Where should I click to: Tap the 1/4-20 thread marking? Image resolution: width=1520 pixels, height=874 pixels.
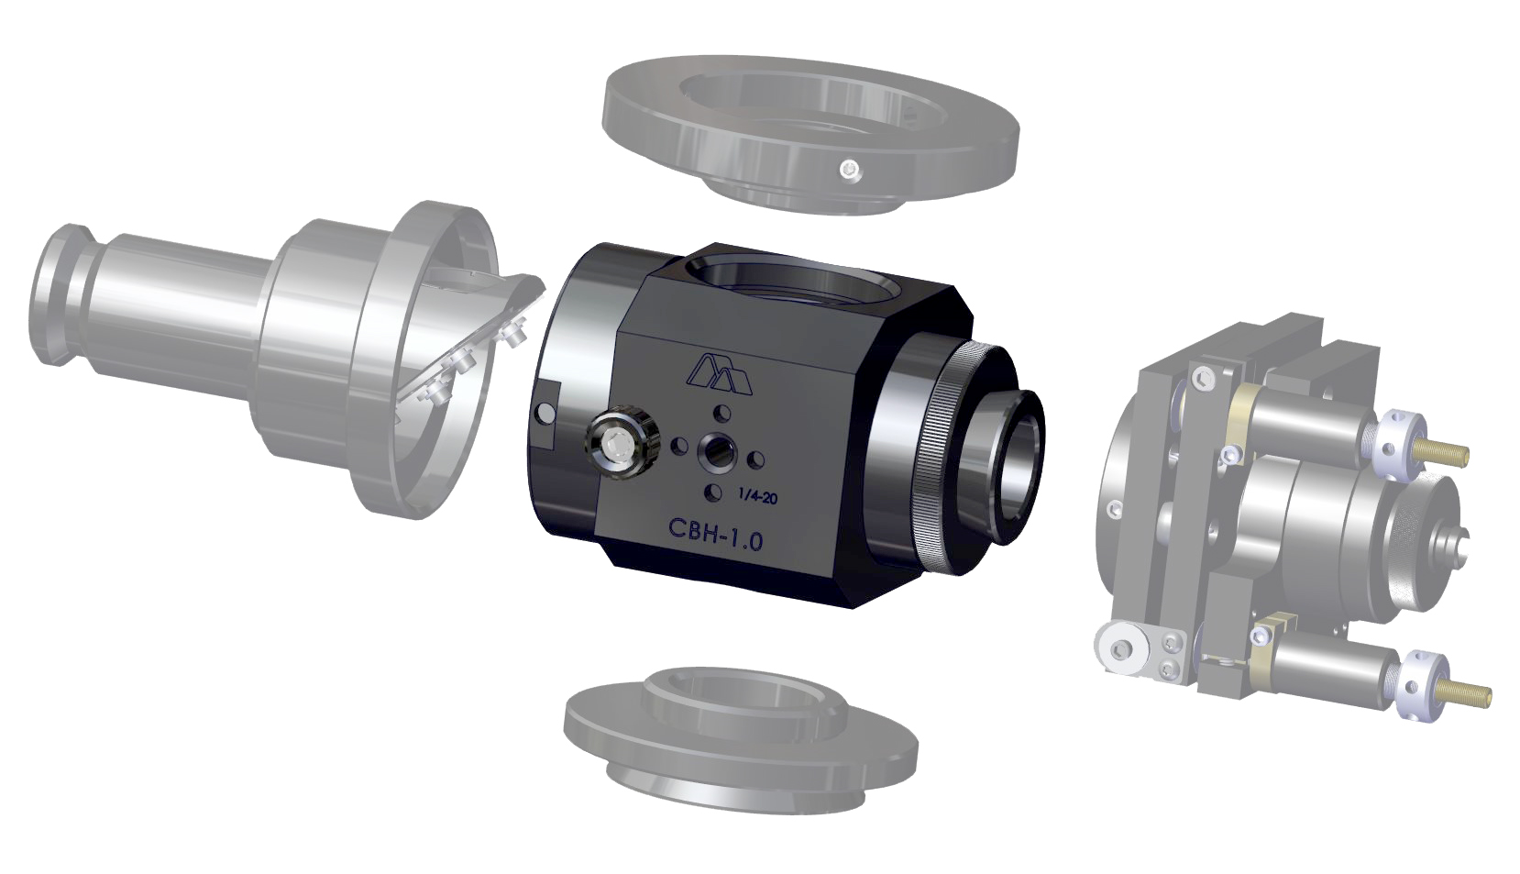tap(757, 496)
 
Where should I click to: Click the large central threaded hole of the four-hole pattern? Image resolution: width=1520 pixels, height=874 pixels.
tap(717, 451)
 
